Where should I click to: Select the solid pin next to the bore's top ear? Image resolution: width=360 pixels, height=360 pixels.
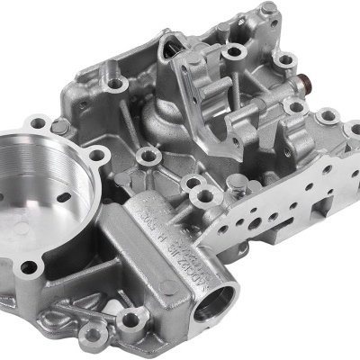(60, 127)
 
